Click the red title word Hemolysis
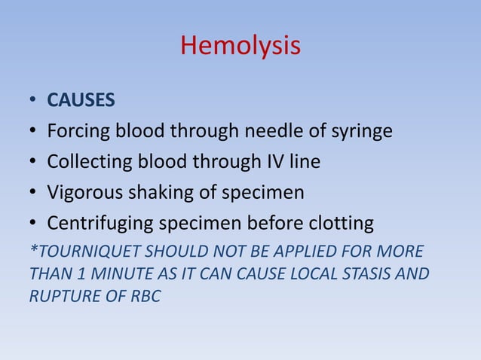point(240,47)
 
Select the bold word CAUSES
point(81,101)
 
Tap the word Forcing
point(78,133)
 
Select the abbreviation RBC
point(145,297)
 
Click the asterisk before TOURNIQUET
point(31,249)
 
